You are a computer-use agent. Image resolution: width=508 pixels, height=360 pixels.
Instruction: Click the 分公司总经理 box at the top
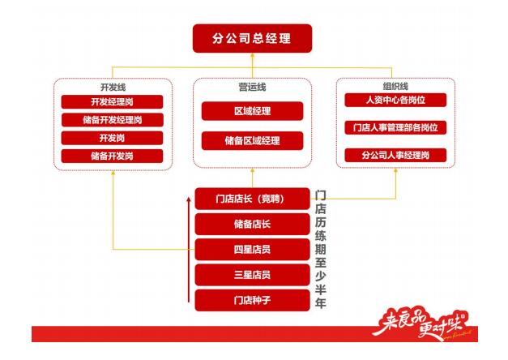click(253, 39)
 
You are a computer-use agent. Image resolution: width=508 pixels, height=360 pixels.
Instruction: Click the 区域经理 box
click(252, 111)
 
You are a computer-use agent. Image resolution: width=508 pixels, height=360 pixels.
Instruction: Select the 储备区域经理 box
click(252, 140)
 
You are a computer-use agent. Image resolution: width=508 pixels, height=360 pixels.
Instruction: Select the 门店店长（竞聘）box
click(252, 199)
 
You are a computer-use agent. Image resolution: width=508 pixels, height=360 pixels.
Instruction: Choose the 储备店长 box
click(252, 224)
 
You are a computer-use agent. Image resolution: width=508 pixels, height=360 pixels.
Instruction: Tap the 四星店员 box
click(252, 249)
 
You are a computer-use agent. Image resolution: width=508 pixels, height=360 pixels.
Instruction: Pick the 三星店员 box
click(252, 275)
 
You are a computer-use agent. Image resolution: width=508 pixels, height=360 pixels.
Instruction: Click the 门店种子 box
click(252, 301)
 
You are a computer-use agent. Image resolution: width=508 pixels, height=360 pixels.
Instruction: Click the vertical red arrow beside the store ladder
click(188, 252)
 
